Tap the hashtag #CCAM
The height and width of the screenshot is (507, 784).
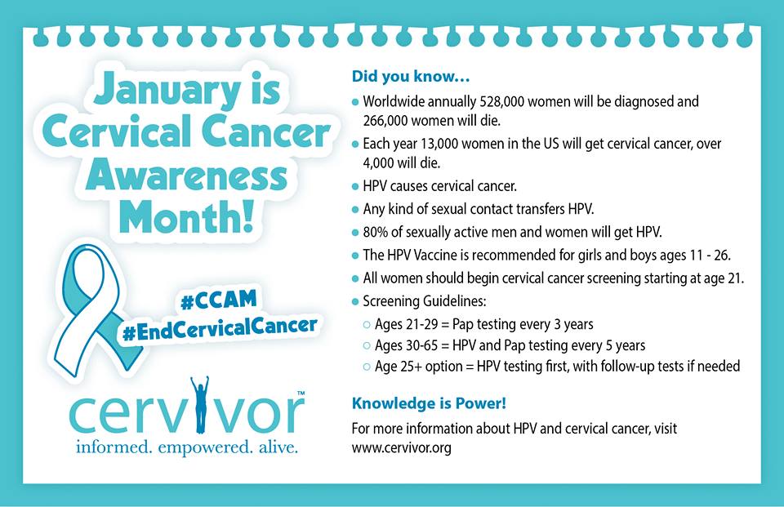point(219,300)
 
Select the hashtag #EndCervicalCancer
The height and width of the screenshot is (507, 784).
point(220,328)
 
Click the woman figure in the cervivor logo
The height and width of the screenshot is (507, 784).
point(199,404)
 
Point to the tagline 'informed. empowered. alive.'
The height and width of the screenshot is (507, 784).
point(186,446)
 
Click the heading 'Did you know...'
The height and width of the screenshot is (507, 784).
point(411,77)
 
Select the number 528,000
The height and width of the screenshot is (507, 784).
point(501,101)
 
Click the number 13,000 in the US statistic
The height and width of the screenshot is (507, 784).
point(439,144)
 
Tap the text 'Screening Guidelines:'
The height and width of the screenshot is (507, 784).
point(425,301)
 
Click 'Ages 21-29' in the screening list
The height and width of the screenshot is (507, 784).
point(406,324)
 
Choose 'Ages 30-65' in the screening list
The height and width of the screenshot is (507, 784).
point(407,345)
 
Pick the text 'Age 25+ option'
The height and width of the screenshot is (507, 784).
point(418,367)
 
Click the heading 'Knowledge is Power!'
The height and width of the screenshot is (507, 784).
point(429,403)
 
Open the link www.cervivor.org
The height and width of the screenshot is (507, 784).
point(402,447)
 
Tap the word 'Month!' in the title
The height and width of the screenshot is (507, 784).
point(186,217)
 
